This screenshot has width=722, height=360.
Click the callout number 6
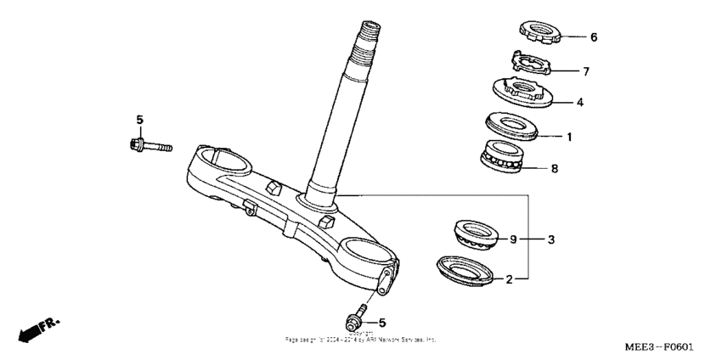(x=594, y=37)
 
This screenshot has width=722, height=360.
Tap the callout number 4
(x=580, y=102)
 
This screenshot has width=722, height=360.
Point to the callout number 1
(x=570, y=136)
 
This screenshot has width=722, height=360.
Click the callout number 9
(x=513, y=239)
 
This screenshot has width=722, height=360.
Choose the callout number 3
(x=550, y=240)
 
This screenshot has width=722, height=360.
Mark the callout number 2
(x=509, y=278)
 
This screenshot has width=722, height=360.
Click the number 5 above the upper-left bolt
(x=141, y=118)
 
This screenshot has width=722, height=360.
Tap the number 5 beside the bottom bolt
(x=381, y=323)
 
